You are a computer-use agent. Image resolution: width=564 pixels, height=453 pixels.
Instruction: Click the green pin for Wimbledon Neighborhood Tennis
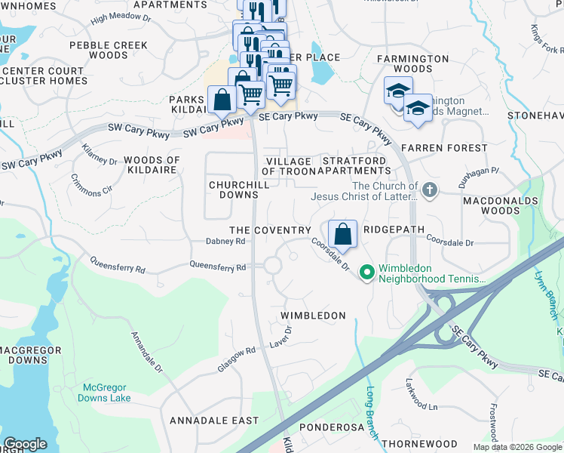[367, 271]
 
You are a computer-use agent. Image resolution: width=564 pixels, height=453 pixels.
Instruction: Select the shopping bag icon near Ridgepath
[342, 234]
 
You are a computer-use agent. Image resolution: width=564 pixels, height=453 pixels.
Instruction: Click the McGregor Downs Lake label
[106, 393]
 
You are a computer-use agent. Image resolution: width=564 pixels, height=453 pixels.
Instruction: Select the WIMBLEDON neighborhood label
[313, 316]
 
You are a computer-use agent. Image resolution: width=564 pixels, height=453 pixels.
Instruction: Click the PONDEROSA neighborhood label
[332, 427]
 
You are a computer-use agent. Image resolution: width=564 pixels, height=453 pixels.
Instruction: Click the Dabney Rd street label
[226, 242]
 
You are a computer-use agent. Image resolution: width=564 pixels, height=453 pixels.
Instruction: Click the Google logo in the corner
[26, 444]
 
